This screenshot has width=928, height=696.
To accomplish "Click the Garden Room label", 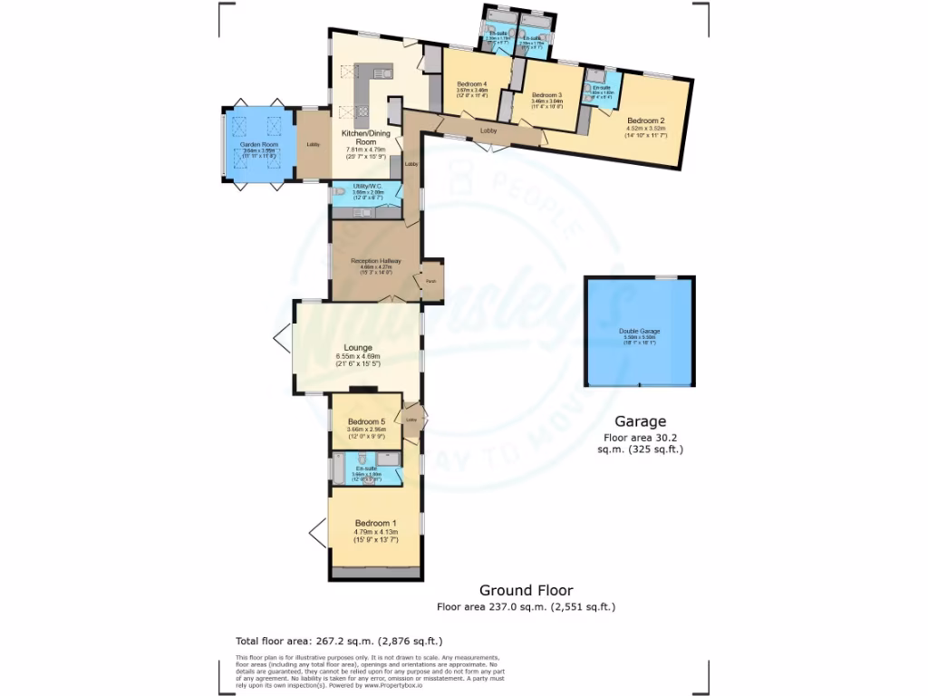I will coord(257,144).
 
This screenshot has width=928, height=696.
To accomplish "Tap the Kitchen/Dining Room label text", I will coord(358,138).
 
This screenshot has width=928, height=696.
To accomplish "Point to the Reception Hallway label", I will coord(375,261).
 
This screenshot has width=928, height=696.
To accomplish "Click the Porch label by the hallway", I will coord(430,281).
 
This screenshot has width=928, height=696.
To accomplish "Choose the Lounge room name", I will coord(358,347).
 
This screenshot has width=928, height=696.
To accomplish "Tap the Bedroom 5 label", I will coord(367,421).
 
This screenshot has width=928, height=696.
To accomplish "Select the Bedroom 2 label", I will coord(646,121).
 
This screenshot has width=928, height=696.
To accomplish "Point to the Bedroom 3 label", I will coord(546,95).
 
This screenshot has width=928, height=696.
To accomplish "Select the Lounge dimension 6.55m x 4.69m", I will coord(358,357).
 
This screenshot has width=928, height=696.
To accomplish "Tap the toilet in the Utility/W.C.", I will coord(339,192).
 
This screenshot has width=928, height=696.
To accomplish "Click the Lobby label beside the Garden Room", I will coord(313,145).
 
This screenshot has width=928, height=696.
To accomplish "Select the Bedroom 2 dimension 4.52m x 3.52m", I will coord(646,129).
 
